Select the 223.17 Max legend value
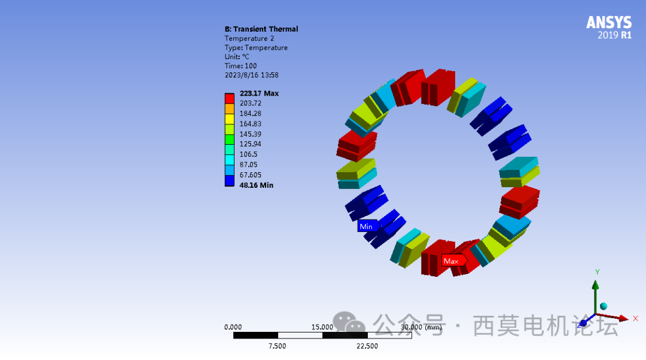click(259, 93)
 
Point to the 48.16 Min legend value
click(256, 185)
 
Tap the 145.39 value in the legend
click(251, 135)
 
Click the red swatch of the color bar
click(230, 99)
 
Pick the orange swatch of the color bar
click(230, 109)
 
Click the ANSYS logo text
click(609, 22)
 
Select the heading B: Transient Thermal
click(261, 29)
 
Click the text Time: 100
click(240, 66)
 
